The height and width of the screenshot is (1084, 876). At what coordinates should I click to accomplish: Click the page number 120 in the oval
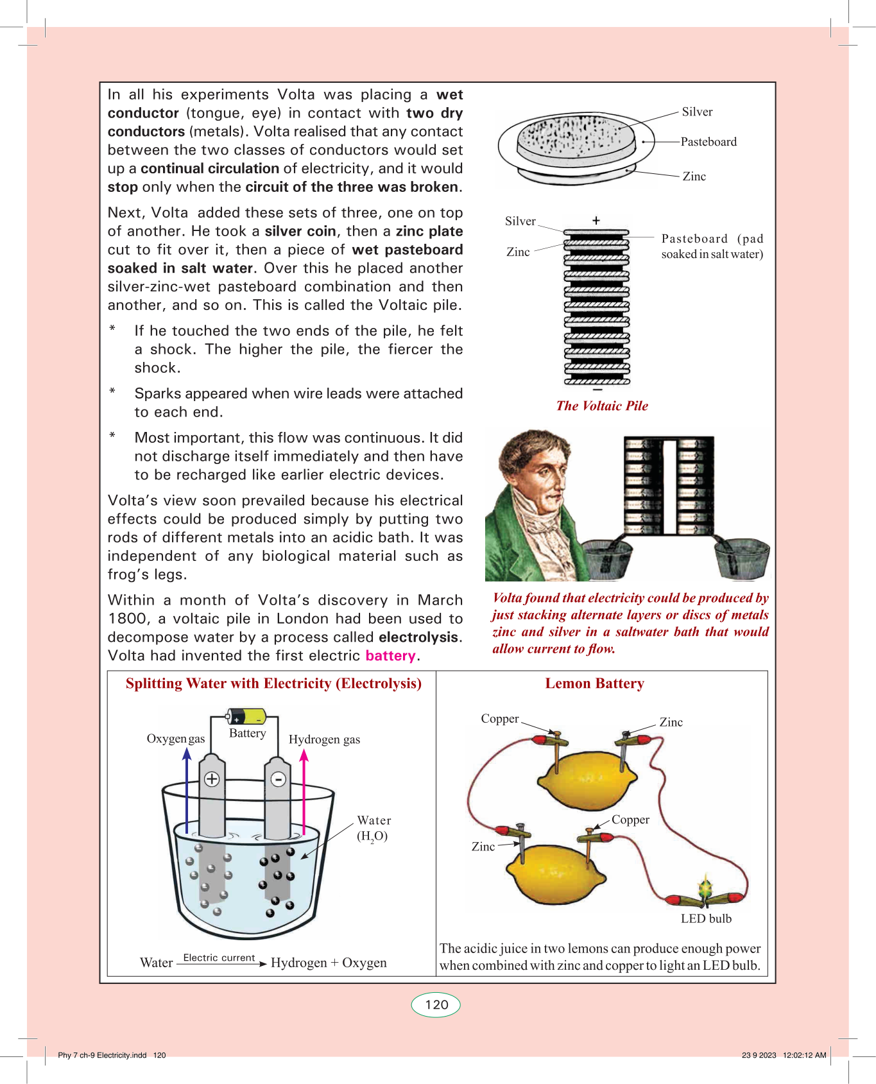[x=436, y=1005]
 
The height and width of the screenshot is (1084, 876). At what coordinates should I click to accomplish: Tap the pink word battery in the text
[x=390, y=656]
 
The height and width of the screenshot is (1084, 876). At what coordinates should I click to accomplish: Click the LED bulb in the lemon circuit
[x=705, y=889]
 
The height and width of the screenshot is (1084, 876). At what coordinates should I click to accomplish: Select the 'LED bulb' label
[x=706, y=919]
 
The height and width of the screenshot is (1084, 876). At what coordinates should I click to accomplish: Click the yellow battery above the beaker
[x=247, y=716]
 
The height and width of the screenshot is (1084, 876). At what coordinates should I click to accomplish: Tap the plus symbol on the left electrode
[x=212, y=779]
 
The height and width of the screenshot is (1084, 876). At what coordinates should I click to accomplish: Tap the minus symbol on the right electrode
[x=278, y=779]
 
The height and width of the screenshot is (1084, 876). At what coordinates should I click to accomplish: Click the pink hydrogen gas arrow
[x=304, y=789]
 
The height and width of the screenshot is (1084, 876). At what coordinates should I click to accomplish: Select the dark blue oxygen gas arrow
[x=187, y=789]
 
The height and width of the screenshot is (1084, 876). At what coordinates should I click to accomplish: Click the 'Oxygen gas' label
[x=176, y=739]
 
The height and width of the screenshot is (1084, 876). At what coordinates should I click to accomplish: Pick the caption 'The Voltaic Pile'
[x=602, y=406]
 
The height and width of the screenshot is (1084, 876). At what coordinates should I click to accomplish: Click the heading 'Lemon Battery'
[x=594, y=684]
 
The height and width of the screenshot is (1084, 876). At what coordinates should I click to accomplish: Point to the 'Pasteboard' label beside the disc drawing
[x=709, y=142]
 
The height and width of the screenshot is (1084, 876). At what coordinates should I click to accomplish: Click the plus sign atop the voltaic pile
[x=596, y=220]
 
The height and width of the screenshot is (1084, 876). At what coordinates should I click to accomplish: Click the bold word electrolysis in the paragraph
[x=419, y=637]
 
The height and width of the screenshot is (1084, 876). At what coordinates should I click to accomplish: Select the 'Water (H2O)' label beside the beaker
[x=374, y=828]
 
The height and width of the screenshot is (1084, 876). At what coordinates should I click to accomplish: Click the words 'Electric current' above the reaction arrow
[x=219, y=958]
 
